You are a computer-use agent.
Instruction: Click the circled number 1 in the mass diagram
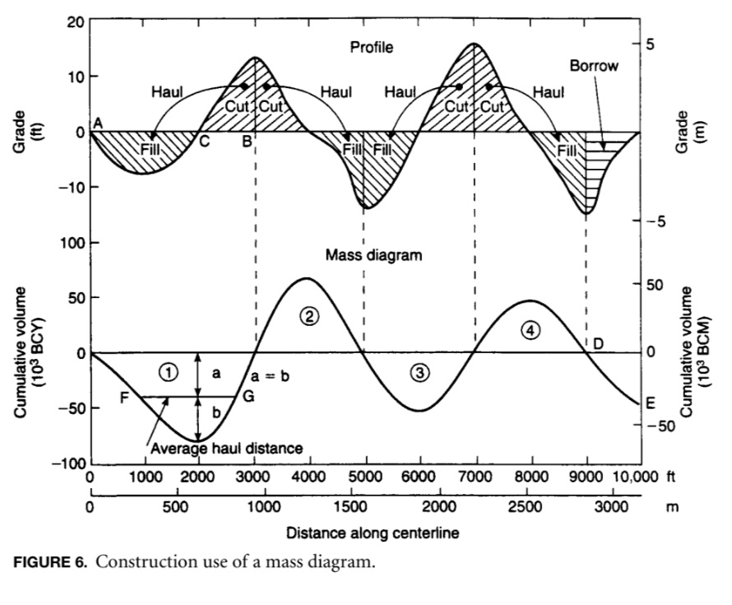(168, 371)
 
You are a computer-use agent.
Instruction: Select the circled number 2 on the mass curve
(309, 315)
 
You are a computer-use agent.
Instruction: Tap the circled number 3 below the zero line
(420, 373)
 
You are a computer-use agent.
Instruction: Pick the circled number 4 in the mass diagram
(531, 330)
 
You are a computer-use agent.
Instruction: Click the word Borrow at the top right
(594, 66)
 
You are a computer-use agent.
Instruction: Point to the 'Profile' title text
(372, 47)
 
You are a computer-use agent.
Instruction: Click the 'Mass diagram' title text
(373, 255)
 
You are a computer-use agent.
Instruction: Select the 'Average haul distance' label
(227, 449)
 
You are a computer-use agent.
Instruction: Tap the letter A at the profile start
(98, 123)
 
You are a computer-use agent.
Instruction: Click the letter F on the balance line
(125, 397)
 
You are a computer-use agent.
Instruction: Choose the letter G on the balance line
(248, 397)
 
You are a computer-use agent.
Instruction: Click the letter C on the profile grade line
(204, 142)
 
